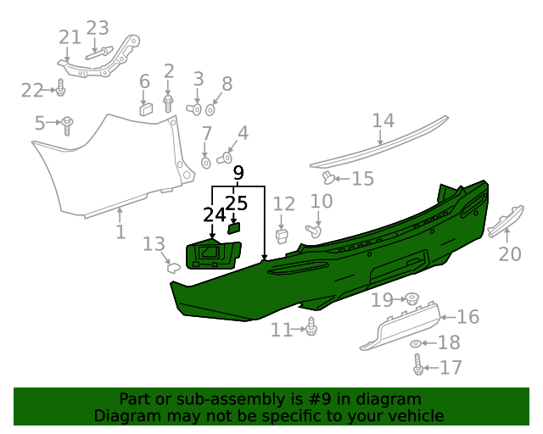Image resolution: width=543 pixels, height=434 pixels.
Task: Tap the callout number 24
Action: point(215,215)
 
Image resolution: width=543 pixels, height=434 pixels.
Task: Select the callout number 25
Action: point(237,203)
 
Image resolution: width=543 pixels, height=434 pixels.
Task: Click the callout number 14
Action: point(383,121)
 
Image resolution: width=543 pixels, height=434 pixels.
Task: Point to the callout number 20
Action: point(509,253)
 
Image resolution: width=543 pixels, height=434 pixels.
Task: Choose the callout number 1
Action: point(120,231)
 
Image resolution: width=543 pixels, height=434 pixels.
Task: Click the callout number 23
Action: point(98,28)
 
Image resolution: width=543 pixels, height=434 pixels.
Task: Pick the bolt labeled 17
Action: point(417,366)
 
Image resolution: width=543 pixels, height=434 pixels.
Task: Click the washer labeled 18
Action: point(415,343)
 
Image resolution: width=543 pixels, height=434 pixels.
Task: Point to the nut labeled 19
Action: point(411,298)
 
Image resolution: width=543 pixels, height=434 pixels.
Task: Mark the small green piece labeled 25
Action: point(235,226)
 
